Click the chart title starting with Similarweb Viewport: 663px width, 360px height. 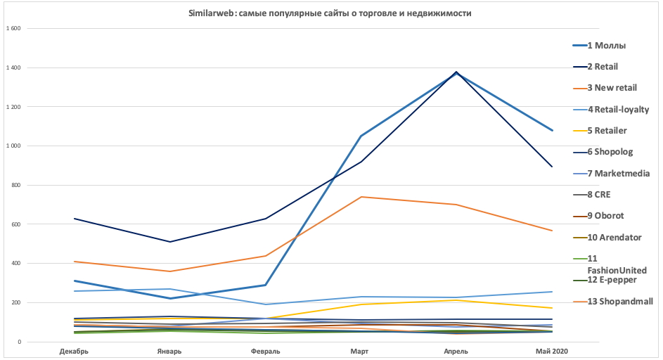330,13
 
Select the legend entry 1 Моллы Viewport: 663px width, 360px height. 606,46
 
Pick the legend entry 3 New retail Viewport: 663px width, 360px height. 612,88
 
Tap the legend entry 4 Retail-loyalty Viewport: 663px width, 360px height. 618,109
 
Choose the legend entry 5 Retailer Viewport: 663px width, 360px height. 607,130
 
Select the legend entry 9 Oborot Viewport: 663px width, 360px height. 605,216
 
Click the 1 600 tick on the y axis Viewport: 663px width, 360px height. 14,29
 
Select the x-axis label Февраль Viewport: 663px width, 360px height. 265,351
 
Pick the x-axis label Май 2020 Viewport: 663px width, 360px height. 552,351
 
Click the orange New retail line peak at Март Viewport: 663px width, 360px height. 361,197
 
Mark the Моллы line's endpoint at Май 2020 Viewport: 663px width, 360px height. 553,131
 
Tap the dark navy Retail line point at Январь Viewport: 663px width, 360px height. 169,242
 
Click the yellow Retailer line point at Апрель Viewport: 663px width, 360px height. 456,300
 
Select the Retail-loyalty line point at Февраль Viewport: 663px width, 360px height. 265,304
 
